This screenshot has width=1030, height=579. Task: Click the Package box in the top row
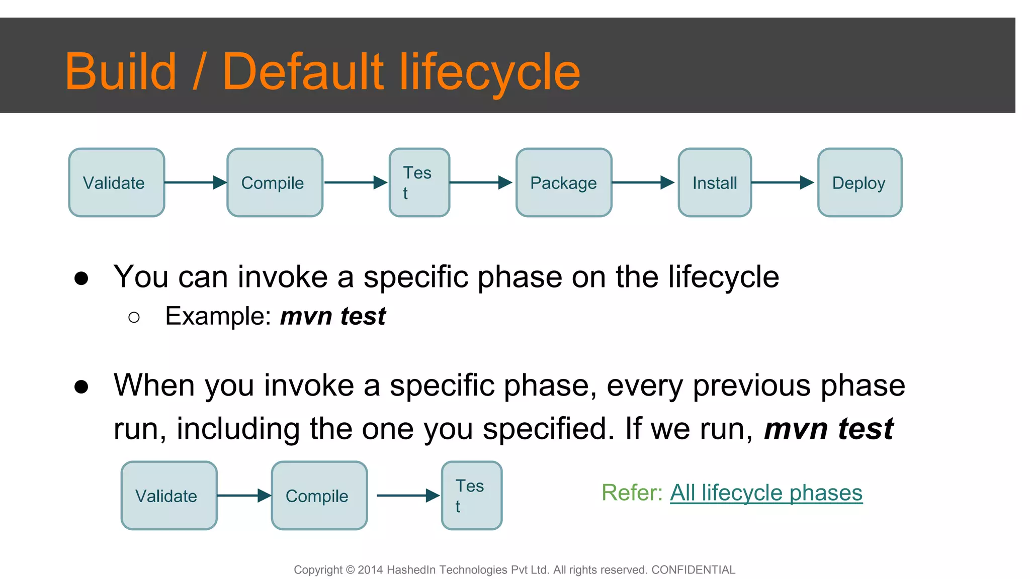click(x=564, y=182)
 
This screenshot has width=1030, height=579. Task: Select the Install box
click(x=715, y=182)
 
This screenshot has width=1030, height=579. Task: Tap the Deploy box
click(x=860, y=182)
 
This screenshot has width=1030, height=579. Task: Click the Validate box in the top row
click(x=117, y=182)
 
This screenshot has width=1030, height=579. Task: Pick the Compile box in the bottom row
click(x=319, y=496)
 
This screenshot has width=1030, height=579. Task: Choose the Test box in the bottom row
click(x=472, y=496)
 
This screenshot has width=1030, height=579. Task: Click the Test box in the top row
click(x=419, y=182)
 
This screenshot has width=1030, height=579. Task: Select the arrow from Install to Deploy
click(x=783, y=182)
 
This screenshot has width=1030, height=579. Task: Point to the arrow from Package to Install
click(x=643, y=182)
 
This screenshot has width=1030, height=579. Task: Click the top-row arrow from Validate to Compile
click(x=196, y=182)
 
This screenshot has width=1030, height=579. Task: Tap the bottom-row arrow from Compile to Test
click(x=408, y=496)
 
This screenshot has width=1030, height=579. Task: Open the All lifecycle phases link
click(x=766, y=493)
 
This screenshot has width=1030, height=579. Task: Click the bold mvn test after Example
click(x=333, y=316)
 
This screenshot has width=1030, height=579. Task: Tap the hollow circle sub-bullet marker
click(x=134, y=317)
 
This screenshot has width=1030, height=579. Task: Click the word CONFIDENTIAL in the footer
click(x=693, y=570)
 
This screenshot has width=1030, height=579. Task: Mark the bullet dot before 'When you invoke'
click(x=81, y=387)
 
